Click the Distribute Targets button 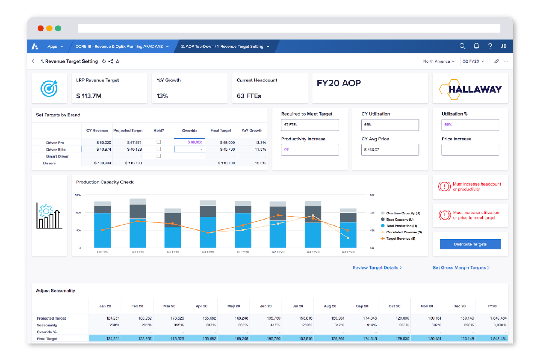pyautogui.click(x=470, y=244)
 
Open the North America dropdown pyautogui.click(x=439, y=61)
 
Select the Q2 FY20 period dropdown pyautogui.click(x=473, y=61)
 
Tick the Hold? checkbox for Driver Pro pyautogui.click(x=158, y=142)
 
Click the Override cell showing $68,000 pyautogui.click(x=190, y=142)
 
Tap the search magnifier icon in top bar pyautogui.click(x=462, y=46)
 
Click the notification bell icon pyautogui.click(x=476, y=46)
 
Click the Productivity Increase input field pyautogui.click(x=310, y=150)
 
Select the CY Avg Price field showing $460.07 pyautogui.click(x=390, y=150)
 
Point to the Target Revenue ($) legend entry pyautogui.click(x=400, y=239)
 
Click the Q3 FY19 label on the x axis pyautogui.click(x=173, y=252)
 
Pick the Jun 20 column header pyautogui.click(x=266, y=306)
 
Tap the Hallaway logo pyautogui.click(x=470, y=89)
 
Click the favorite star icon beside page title pyautogui.click(x=117, y=62)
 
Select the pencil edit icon pyautogui.click(x=496, y=61)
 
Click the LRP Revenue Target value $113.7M pyautogui.click(x=89, y=96)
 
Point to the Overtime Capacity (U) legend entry pyautogui.click(x=402, y=213)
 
